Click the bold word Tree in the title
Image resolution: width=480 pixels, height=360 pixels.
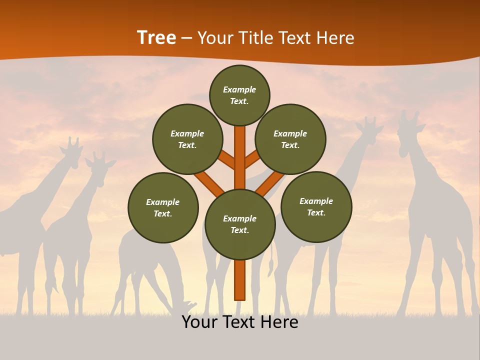coord(156,37)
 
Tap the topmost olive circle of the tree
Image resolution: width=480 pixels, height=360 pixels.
coord(239,95)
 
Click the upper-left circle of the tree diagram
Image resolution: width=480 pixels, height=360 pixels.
coord(187,139)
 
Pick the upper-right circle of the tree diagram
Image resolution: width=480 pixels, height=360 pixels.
coord(290,139)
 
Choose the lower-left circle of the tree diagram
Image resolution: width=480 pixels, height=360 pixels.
coord(163,207)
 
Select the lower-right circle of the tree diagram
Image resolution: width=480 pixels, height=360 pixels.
coord(316,206)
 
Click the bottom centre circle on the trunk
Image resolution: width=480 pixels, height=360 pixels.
coord(240,224)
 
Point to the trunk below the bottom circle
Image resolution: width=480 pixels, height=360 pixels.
coord(240,280)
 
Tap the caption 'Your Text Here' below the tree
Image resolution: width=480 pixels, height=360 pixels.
coord(240,322)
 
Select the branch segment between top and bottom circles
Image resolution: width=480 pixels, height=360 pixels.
coord(240,157)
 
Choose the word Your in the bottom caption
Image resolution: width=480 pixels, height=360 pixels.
coord(199,322)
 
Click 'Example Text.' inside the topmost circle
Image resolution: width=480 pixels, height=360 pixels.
coord(239,95)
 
